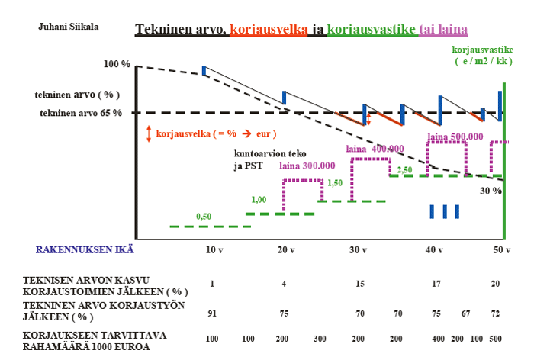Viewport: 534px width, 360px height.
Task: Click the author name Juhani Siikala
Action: (x=68, y=27)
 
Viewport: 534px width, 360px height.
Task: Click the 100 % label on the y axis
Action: (x=116, y=63)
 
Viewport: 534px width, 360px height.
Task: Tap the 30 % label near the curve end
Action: (x=490, y=191)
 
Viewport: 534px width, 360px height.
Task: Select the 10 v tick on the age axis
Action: (x=214, y=249)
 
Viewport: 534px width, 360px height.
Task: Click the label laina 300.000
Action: (x=307, y=166)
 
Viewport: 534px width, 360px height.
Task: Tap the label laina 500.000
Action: (x=455, y=137)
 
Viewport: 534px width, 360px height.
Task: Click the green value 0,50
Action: (x=204, y=217)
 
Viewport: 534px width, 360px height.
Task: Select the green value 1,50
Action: (x=335, y=183)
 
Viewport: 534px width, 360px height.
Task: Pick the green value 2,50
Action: (x=404, y=169)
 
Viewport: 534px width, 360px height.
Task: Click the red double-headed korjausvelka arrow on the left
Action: (x=150, y=133)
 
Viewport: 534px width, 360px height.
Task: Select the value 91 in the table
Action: (x=212, y=313)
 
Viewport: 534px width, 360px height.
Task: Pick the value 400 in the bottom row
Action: (x=439, y=337)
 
